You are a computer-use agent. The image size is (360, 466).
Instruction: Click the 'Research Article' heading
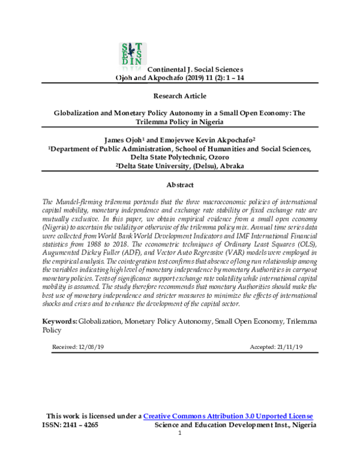tap(180, 95)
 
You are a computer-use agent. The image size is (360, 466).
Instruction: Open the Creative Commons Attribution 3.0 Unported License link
tap(228, 416)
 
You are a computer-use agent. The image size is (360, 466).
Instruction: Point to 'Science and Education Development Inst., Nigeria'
tap(235, 425)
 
